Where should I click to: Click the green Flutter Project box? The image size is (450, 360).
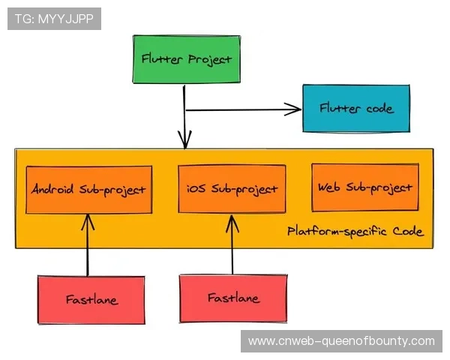click(186, 58)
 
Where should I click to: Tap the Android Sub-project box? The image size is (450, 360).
click(88, 189)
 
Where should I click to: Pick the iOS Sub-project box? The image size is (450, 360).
click(232, 189)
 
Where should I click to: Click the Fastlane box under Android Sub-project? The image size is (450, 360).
click(91, 300)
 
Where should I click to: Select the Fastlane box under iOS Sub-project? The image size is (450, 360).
click(233, 298)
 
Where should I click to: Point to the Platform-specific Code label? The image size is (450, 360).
click(355, 232)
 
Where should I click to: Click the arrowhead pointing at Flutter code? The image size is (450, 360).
click(294, 110)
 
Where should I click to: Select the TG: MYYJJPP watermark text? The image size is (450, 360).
click(54, 19)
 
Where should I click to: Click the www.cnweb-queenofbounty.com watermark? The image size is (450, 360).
click(341, 341)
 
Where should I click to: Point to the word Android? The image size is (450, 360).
click(54, 189)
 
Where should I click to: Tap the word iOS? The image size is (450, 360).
click(196, 189)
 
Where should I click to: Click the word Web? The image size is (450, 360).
click(330, 187)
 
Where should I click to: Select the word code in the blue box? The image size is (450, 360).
click(379, 109)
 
